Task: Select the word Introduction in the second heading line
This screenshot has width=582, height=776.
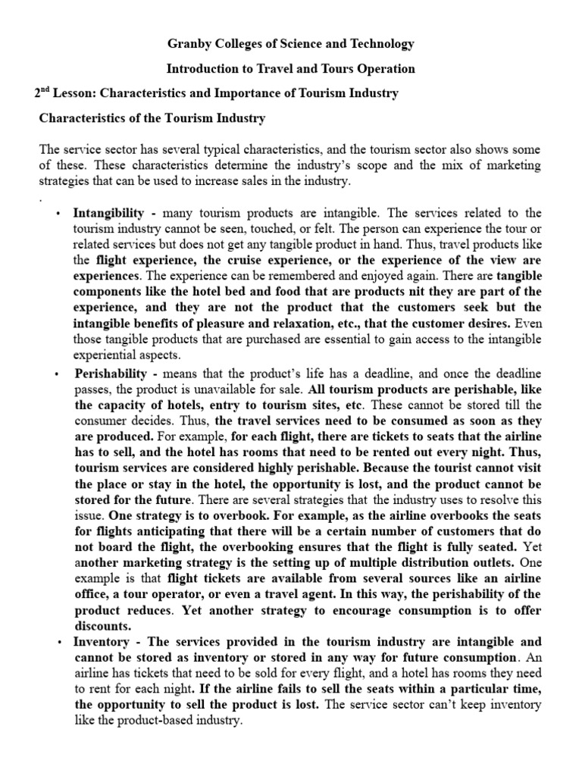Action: [201, 69]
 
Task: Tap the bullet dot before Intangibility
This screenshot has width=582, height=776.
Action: [58, 214]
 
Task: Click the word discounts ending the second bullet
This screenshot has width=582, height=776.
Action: [102, 625]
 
